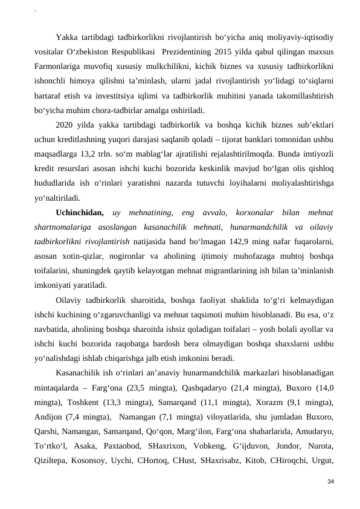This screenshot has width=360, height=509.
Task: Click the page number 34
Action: pyautogui.click(x=330, y=481)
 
